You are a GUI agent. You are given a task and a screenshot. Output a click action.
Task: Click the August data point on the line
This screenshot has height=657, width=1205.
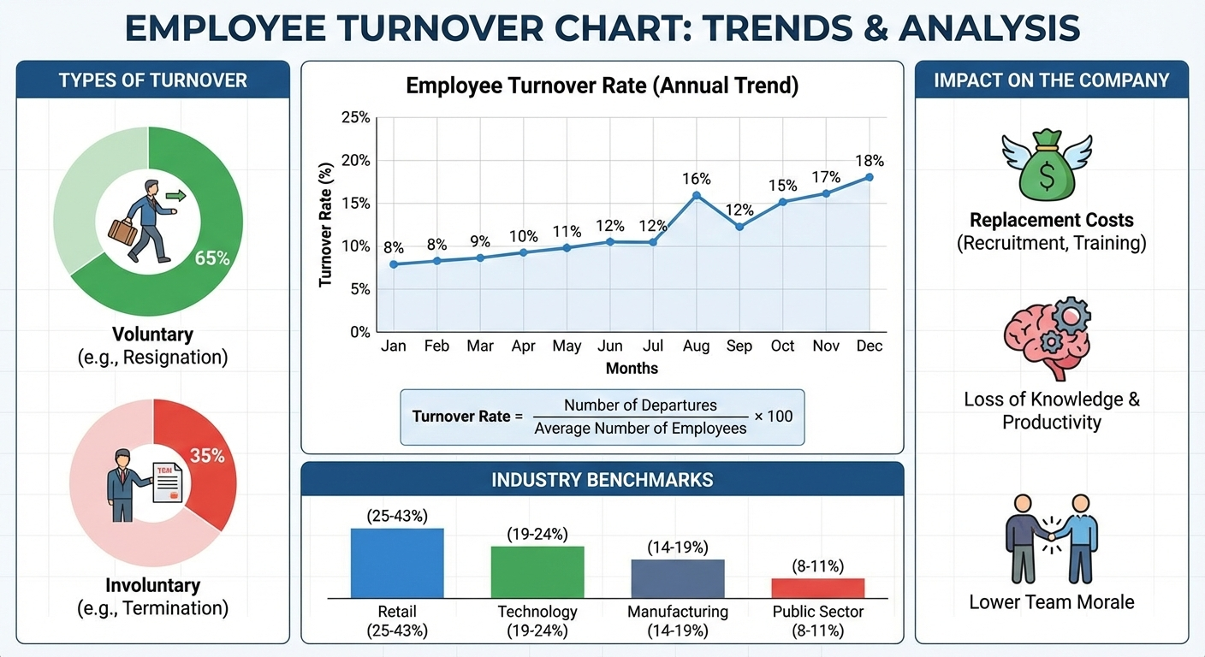[x=697, y=195]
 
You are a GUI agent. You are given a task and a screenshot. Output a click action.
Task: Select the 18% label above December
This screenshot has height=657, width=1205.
[x=870, y=161]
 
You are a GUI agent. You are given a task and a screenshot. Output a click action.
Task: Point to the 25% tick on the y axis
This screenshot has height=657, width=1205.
[x=355, y=118]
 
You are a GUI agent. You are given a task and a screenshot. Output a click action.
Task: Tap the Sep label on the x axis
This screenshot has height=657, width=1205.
[x=739, y=346]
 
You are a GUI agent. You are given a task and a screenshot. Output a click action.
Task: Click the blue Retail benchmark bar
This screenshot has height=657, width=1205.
[x=397, y=563]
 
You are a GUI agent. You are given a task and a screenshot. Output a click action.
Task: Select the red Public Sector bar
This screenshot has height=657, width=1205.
[x=817, y=588]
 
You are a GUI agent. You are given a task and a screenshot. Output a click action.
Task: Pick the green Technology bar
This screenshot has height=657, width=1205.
[x=537, y=571]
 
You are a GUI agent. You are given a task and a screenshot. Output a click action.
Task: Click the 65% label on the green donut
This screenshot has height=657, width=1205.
[x=212, y=257]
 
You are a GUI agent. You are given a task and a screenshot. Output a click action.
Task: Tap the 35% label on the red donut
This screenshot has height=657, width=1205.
[x=207, y=456]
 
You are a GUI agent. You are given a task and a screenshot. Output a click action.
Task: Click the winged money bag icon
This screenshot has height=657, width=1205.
[x=1047, y=165]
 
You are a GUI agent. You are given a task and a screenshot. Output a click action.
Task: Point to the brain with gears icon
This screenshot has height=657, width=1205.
[x=1047, y=343]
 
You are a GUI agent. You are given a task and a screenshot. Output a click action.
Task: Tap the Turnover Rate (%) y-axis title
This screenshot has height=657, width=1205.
[x=325, y=224]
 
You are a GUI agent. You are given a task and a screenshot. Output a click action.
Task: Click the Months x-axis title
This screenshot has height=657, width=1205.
[x=632, y=369]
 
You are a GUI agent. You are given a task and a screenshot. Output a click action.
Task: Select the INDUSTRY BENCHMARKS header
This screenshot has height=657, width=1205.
[x=602, y=480]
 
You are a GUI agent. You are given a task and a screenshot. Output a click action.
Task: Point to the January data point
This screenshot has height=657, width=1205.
[x=394, y=264]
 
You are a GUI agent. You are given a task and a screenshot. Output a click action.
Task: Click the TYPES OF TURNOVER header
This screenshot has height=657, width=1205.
[x=152, y=80]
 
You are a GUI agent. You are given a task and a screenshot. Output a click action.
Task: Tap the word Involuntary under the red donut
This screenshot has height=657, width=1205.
[x=152, y=586]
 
